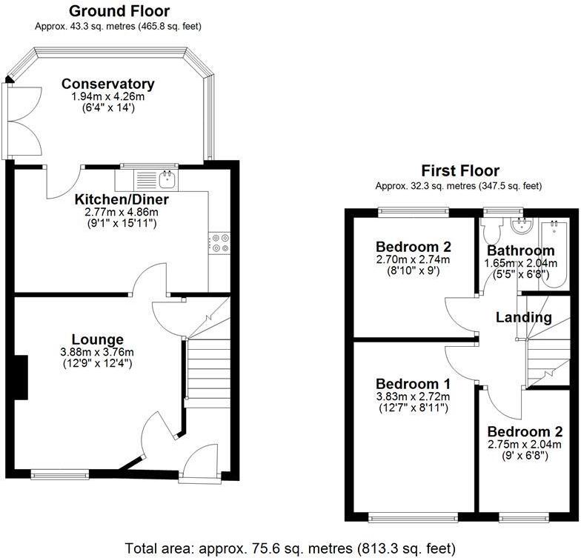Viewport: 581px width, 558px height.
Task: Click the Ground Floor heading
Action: pyautogui.click(x=119, y=11)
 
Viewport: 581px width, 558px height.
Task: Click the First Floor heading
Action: pyautogui.click(x=459, y=170)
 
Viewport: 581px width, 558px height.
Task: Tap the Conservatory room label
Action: pyautogui.click(x=108, y=84)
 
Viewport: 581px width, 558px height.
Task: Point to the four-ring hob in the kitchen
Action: pyautogui.click(x=220, y=243)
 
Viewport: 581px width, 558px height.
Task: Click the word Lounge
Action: pyautogui.click(x=97, y=339)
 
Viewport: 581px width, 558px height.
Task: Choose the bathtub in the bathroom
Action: pyautogui.click(x=555, y=252)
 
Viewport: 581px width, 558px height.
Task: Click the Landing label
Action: pyautogui.click(x=524, y=317)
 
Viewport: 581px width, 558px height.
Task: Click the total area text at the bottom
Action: pyautogui.click(x=289, y=548)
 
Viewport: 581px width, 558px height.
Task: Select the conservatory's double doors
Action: pyautogui.click(x=10, y=119)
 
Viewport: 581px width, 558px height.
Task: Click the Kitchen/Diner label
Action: pyautogui.click(x=122, y=199)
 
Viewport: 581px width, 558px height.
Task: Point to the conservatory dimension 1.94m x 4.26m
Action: pyautogui.click(x=108, y=97)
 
